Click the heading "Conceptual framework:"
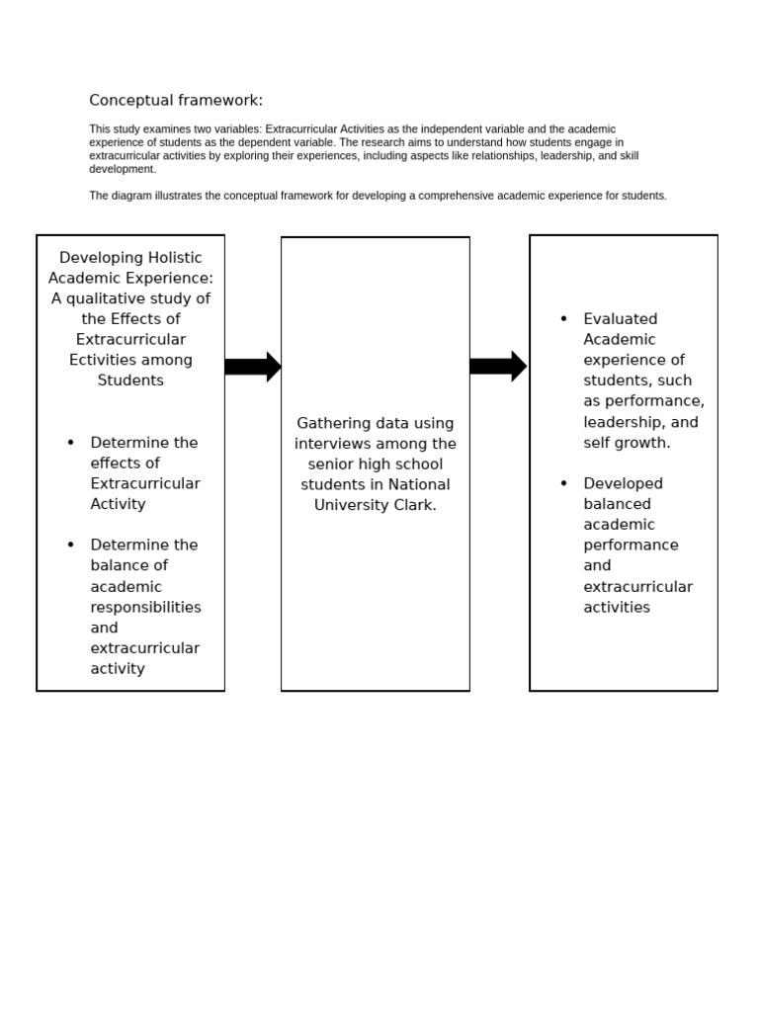coord(176,101)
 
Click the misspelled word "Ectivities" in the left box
coord(106,360)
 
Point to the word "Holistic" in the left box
coord(172,257)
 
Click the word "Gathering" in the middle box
coord(331,423)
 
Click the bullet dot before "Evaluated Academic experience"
coord(563,318)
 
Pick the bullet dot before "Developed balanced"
coord(563,483)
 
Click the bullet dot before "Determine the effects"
coord(71,442)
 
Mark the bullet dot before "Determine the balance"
coord(71,545)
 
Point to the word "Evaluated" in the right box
coord(620,319)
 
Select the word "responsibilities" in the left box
coord(145,607)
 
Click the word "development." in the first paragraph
coord(123,169)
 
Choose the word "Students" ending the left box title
coord(130,380)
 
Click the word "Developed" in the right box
coord(623,483)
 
